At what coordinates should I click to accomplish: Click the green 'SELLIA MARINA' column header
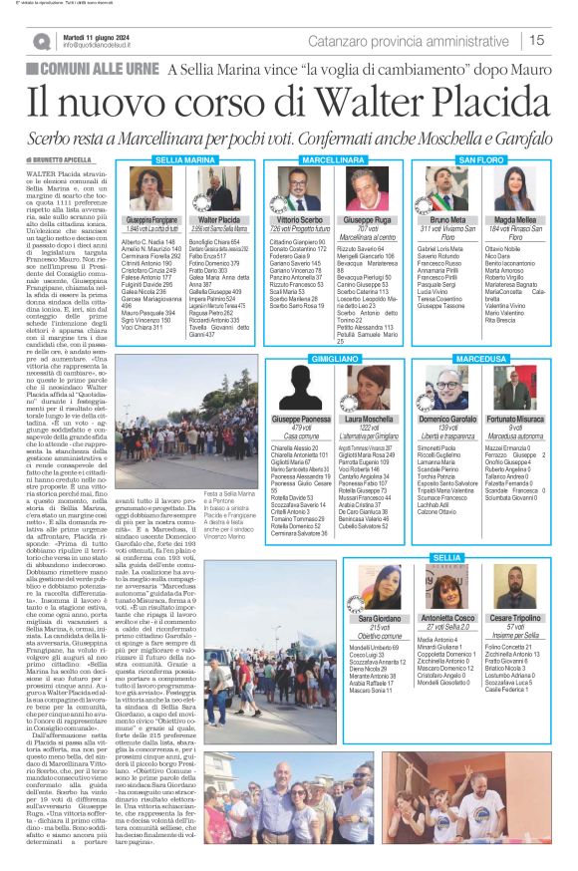point(185,159)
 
